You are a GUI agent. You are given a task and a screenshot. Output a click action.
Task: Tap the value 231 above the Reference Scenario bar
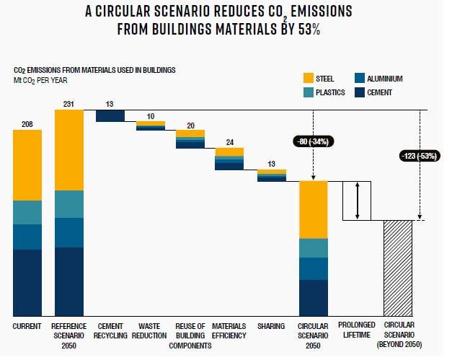[x=68, y=104]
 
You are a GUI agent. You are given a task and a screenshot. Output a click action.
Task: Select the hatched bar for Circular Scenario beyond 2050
[x=397, y=268]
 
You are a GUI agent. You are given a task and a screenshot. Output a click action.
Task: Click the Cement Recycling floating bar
[x=110, y=116]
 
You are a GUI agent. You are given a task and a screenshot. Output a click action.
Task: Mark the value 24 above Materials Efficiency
[x=230, y=142]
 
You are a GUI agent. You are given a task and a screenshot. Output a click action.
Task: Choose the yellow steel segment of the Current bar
[x=27, y=166]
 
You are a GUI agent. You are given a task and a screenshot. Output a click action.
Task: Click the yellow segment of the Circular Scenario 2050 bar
[x=314, y=209]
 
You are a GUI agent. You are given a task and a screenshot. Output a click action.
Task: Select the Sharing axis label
[x=272, y=327]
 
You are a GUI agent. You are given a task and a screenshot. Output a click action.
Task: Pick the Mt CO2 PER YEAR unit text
[x=41, y=79]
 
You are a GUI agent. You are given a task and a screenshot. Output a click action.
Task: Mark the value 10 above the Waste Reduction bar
[x=151, y=116]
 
